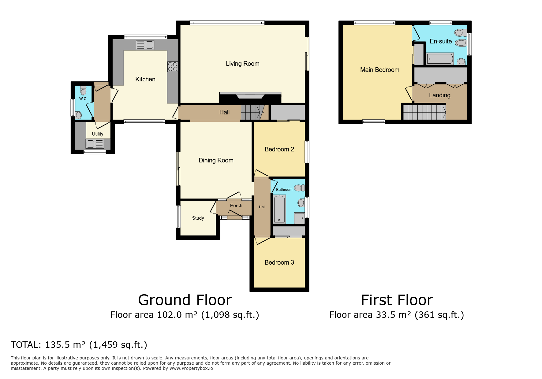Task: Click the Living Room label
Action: pyautogui.click(x=242, y=64)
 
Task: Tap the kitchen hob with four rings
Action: pyautogui.click(x=173, y=67)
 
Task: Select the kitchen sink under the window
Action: pyautogui.click(x=145, y=45)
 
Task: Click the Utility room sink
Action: pyautogui.click(x=95, y=143)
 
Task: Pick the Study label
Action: pyautogui.click(x=198, y=218)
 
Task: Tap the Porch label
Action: pyautogui.click(x=236, y=206)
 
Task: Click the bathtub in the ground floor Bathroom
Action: pyautogui.click(x=279, y=209)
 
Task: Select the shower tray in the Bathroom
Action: pyautogui.click(x=299, y=218)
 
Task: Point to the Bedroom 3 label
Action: pyautogui.click(x=279, y=262)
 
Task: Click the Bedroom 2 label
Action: pyautogui.click(x=279, y=149)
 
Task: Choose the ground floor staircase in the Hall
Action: pyautogui.click(x=252, y=112)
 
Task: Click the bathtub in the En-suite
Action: pyautogui.click(x=440, y=59)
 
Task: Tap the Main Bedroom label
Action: pyautogui.click(x=379, y=70)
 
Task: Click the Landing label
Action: pyautogui.click(x=439, y=95)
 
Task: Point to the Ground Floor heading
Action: pyautogui.click(x=185, y=300)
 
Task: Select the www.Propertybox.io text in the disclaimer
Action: pyautogui.click(x=191, y=368)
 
